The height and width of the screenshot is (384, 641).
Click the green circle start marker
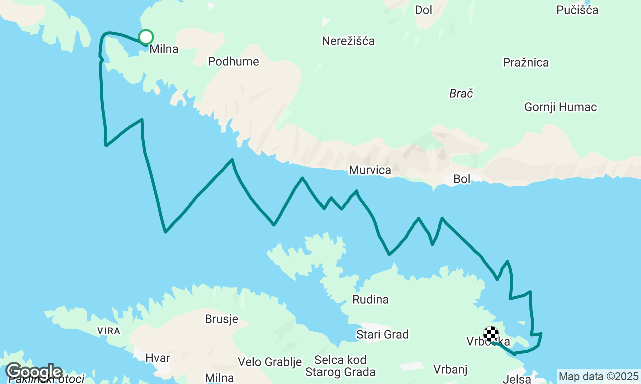point(146,37)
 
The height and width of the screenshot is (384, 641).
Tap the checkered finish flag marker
point(491,333)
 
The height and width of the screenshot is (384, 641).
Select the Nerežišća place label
point(348,41)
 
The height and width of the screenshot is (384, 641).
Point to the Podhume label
point(233,62)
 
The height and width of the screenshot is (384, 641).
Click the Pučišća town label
point(577,10)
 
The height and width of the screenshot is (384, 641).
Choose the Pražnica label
point(526,63)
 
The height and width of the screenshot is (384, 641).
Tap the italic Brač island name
point(461,93)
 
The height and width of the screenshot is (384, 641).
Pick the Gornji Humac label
point(560,107)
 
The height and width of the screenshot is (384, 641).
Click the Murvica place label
point(370,170)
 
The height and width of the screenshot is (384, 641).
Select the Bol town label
point(462,179)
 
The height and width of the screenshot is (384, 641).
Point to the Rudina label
point(370,300)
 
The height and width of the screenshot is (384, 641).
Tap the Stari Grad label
point(382,334)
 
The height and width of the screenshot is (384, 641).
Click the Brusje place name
point(221,319)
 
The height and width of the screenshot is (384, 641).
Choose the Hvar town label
point(158,358)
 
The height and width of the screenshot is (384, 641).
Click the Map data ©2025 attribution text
point(598,376)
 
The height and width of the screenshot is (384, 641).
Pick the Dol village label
point(423,10)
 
